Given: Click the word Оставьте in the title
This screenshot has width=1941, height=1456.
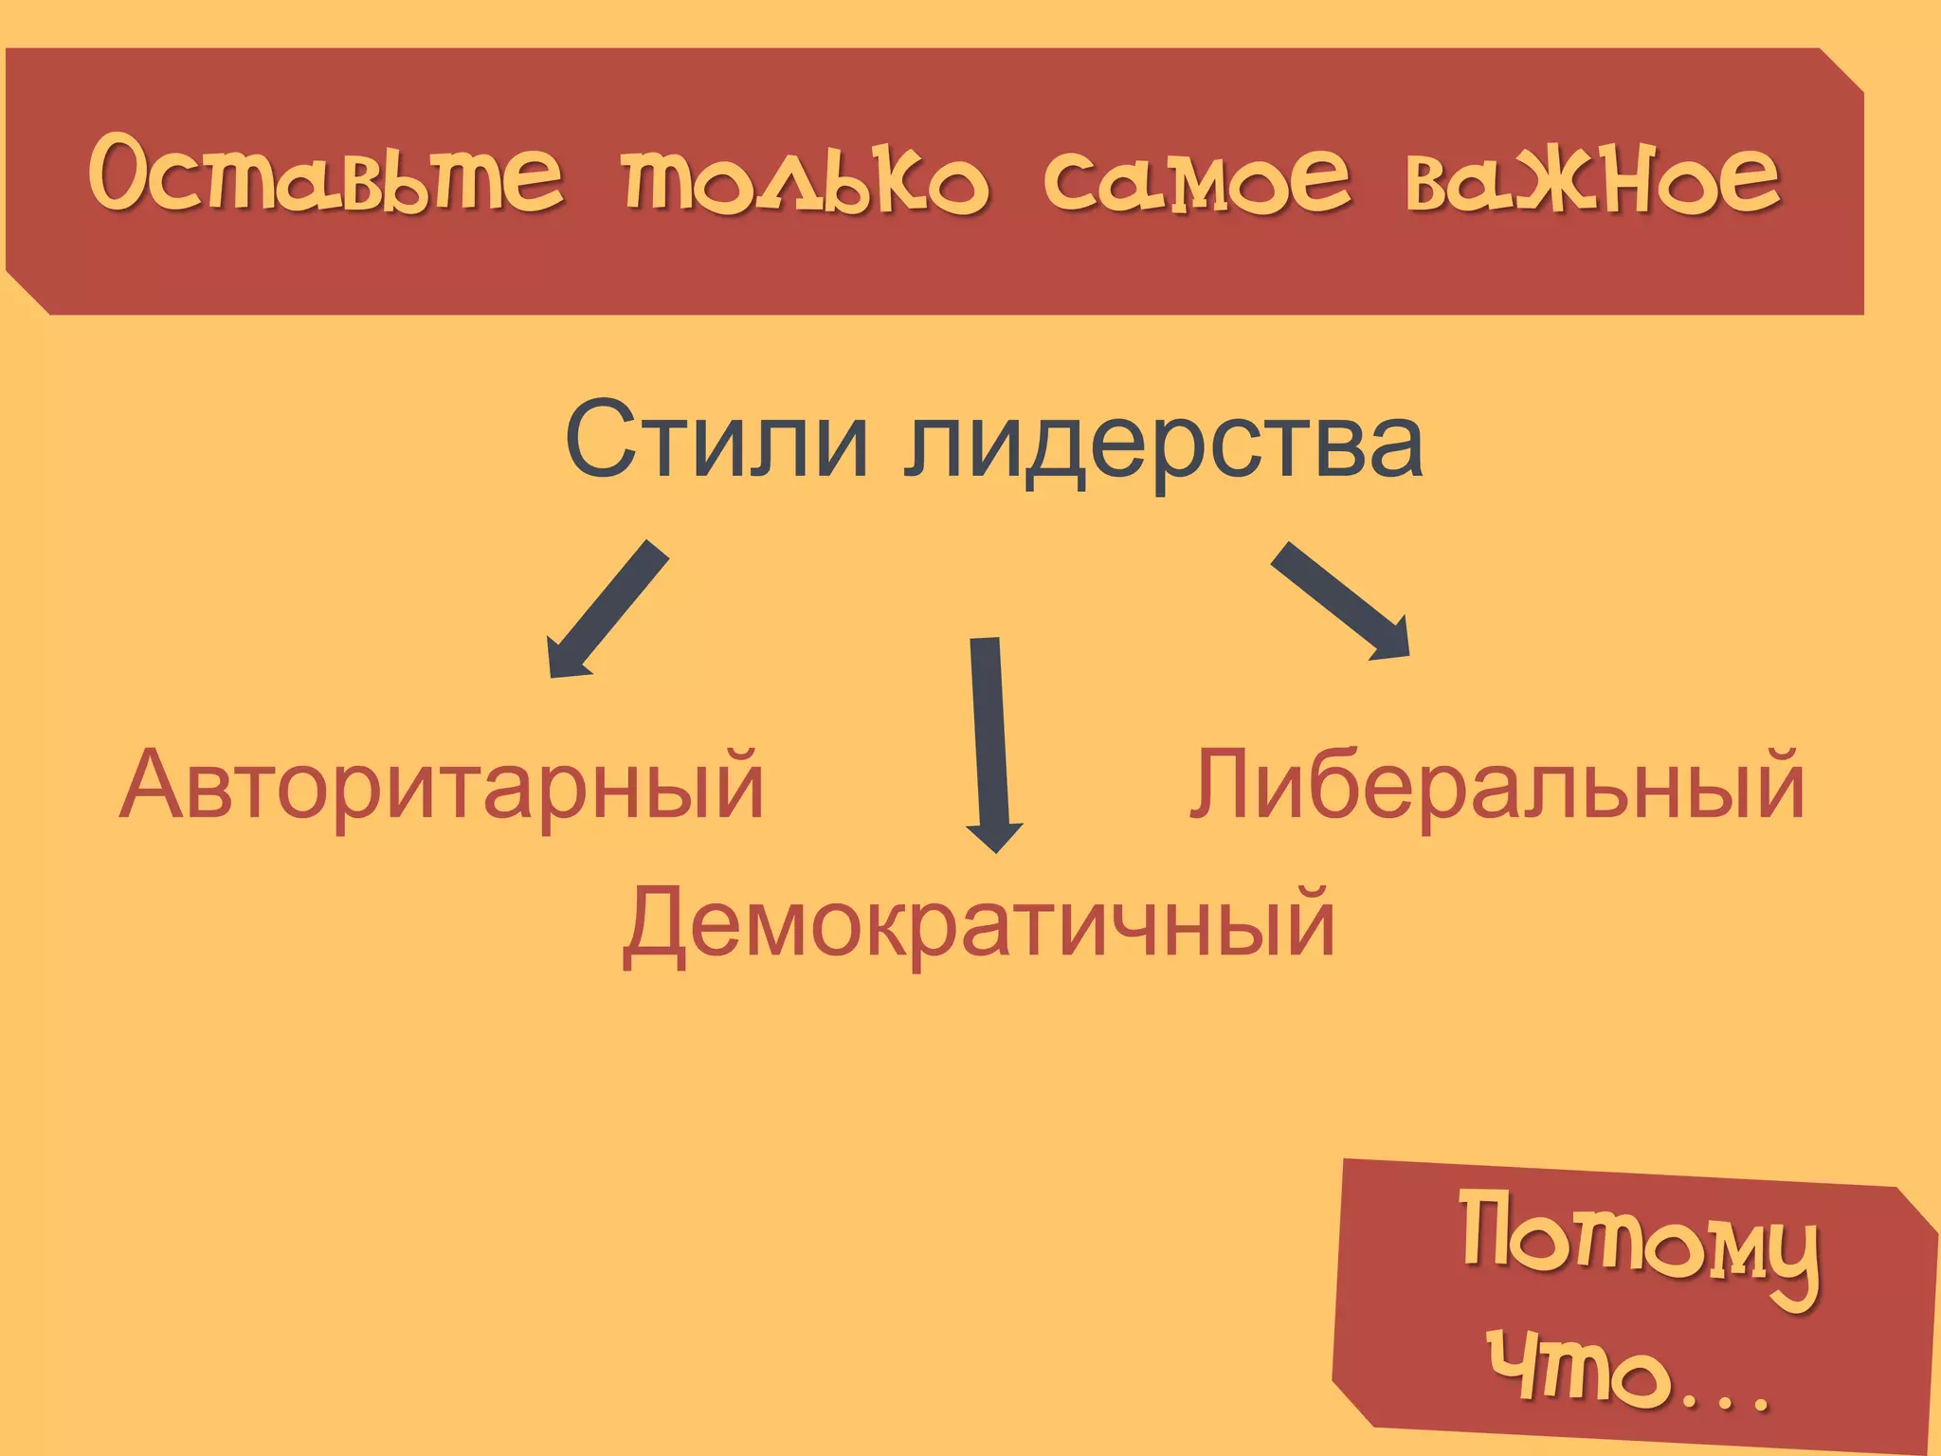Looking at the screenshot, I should (327, 175).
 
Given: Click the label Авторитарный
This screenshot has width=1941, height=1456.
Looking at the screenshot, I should (442, 785).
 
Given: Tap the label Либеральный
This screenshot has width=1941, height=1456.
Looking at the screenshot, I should (1497, 785).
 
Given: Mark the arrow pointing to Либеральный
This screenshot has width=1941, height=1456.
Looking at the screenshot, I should (1340, 599).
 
